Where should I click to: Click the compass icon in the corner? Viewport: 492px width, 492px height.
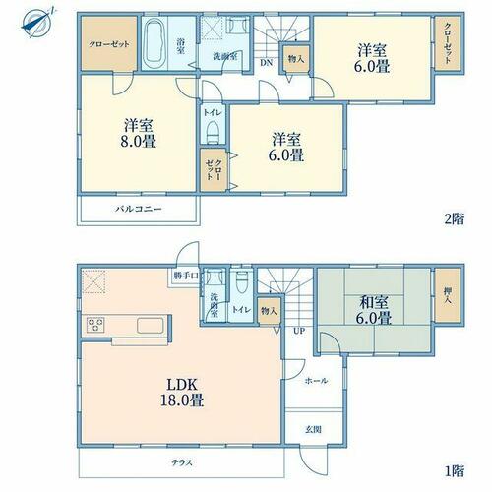coord(38,23)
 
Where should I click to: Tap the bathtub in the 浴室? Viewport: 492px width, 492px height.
coord(154,43)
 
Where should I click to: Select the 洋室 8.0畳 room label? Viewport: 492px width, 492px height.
coord(138,134)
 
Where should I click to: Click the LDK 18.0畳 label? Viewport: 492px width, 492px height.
coord(182,392)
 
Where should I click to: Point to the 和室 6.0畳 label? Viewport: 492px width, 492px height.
coord(374,310)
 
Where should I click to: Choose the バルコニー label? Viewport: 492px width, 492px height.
coord(139,209)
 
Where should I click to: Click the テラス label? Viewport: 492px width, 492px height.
coord(182,462)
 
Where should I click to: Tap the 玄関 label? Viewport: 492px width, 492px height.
coord(313,429)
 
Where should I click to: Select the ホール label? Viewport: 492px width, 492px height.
coord(316,381)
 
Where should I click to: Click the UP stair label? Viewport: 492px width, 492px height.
coord(299,331)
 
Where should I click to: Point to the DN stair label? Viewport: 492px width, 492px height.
coord(267,63)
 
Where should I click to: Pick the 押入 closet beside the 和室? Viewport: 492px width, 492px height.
coord(447,295)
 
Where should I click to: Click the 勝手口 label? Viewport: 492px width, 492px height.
coord(186,276)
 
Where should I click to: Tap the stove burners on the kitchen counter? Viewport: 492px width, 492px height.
coord(95,325)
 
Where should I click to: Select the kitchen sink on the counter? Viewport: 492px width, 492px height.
coord(150,326)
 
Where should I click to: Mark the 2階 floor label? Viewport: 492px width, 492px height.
coord(455,219)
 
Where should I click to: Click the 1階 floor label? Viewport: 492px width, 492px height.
coord(455,471)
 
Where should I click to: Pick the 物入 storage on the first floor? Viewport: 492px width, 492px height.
coord(269,311)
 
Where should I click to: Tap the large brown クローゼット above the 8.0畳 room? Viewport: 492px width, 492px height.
coord(109,43)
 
